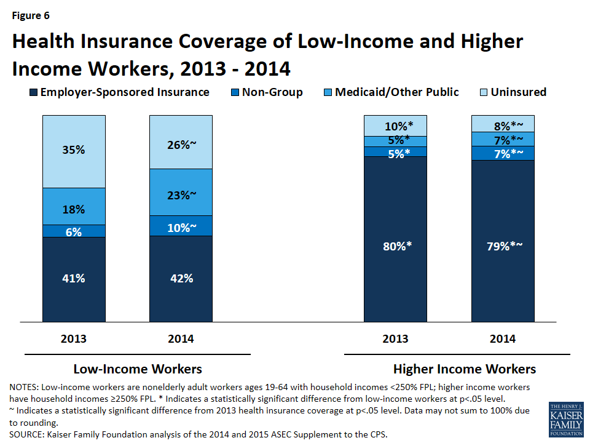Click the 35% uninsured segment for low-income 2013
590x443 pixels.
[74, 151]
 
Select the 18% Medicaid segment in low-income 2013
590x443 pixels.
[74, 209]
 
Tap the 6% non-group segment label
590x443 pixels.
[74, 232]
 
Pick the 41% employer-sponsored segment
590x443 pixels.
[74, 278]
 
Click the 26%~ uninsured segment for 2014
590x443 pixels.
[181, 146]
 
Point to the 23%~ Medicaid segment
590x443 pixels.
[181, 194]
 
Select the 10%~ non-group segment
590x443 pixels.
[181, 228]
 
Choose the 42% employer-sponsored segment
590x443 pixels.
[181, 278]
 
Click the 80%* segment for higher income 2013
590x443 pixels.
[395, 246]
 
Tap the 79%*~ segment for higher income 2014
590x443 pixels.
[503, 246]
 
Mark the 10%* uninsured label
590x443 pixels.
[395, 126]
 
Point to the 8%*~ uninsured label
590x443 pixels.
[503, 125]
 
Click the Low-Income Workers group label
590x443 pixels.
[138, 369]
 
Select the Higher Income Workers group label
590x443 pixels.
[465, 369]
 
